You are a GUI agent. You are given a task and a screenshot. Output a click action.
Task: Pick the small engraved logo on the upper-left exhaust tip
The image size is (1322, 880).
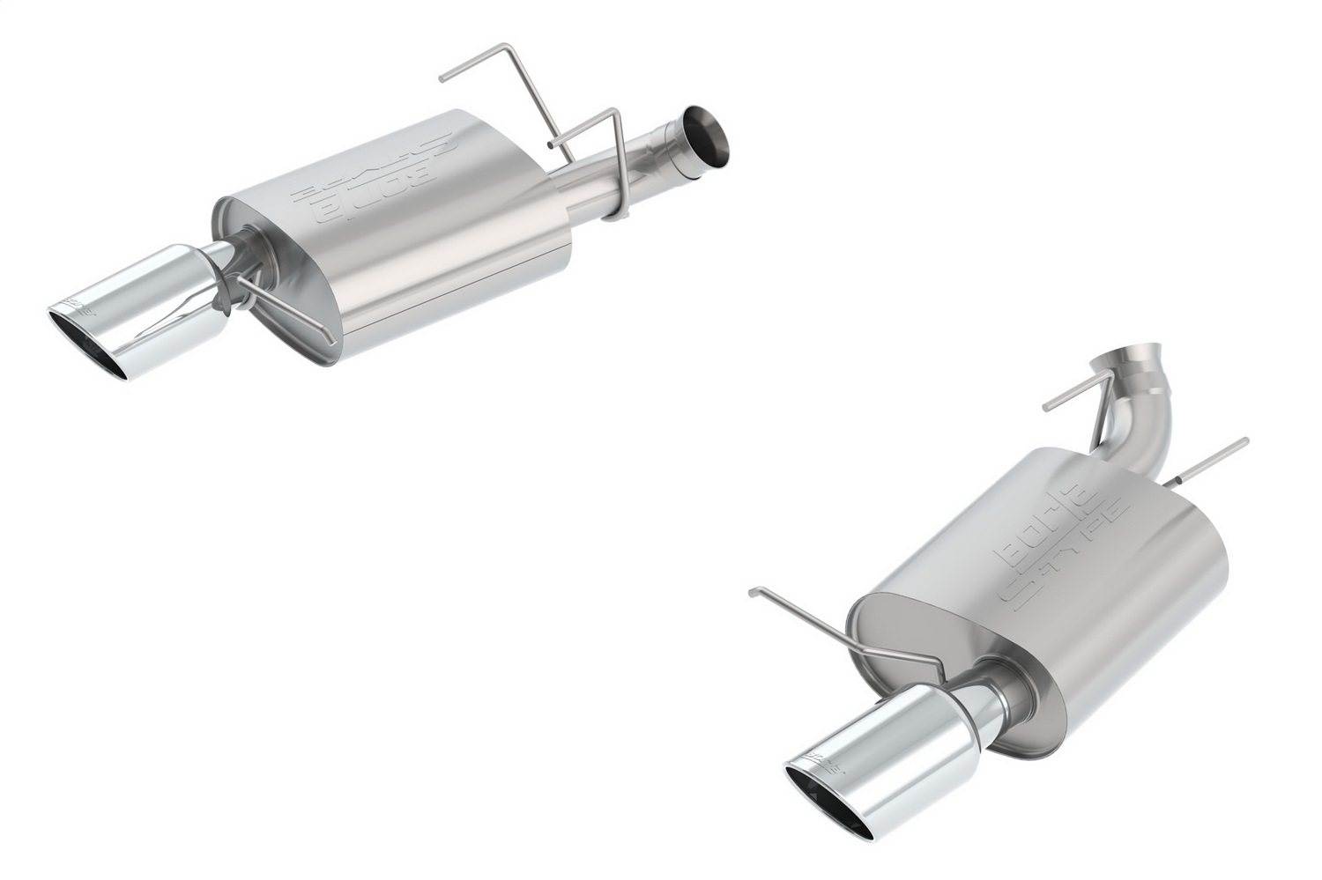(75, 307)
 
